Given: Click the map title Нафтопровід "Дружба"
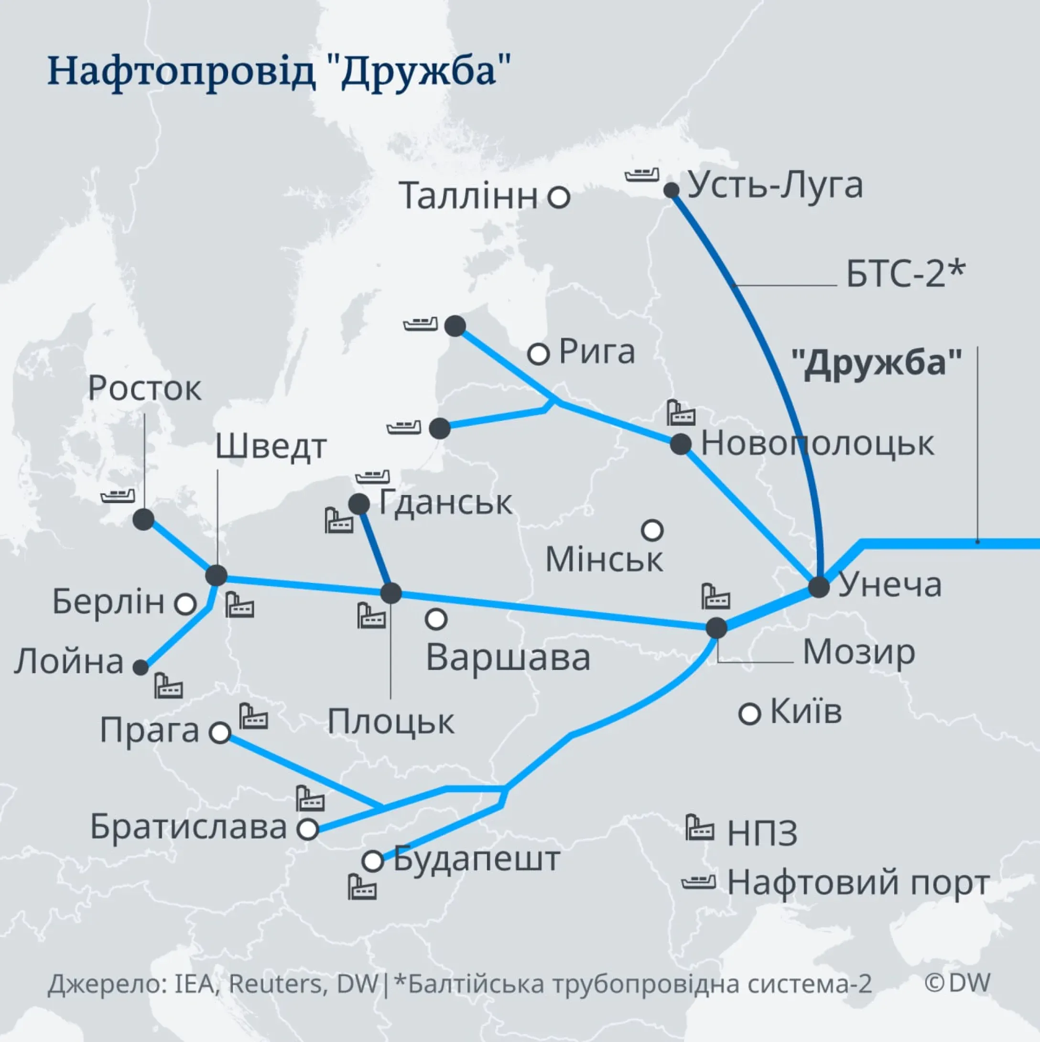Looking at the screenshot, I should pos(279,72).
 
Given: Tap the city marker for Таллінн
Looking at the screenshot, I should pos(559,197).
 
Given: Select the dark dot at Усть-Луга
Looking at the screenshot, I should pos(671,190).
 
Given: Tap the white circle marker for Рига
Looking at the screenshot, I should pos(538,354).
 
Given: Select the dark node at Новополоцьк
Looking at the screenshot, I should pos(681,444).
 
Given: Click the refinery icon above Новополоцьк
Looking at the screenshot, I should pos(680,413).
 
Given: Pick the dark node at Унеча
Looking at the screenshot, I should pos(818,587).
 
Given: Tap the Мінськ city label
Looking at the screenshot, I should pos(604,560).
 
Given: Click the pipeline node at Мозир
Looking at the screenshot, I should pos(716,627).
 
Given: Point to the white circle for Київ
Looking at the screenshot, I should pos(749,714).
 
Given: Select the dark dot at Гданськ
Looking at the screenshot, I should pos(359,505).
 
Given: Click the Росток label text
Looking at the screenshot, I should pos(144,388).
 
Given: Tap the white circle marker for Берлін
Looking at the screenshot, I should pos(185,604).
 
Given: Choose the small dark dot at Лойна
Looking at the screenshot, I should pos(141,667).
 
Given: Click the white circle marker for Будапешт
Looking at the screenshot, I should pos(373,861).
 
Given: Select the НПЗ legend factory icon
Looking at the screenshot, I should pos(700,827).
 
